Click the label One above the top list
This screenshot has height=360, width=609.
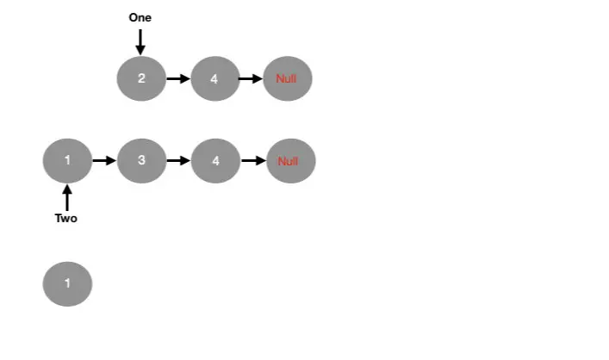tap(140, 17)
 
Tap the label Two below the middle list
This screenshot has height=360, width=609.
tap(66, 218)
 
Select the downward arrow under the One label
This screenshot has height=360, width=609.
tap(140, 40)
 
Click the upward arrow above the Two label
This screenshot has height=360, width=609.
tap(66, 196)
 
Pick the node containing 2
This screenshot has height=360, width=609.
tap(141, 78)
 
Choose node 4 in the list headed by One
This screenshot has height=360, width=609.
tap(214, 78)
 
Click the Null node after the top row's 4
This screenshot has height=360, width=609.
tap(287, 78)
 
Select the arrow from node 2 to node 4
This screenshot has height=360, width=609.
tap(177, 79)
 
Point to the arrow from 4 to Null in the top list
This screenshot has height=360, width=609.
tap(251, 79)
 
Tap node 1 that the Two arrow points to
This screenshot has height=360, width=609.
tap(66, 160)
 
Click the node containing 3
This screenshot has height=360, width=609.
tap(141, 160)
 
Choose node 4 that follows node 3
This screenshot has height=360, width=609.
tap(215, 160)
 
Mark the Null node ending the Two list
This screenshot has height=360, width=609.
tap(290, 160)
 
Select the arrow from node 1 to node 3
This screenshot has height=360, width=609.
tap(103, 160)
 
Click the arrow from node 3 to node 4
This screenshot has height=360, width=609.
tap(178, 160)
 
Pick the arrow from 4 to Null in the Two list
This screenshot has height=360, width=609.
tap(253, 160)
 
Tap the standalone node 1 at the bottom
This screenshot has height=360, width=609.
tap(66, 283)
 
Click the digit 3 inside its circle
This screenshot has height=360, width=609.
tap(141, 160)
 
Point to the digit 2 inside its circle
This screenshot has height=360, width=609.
tap(141, 78)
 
